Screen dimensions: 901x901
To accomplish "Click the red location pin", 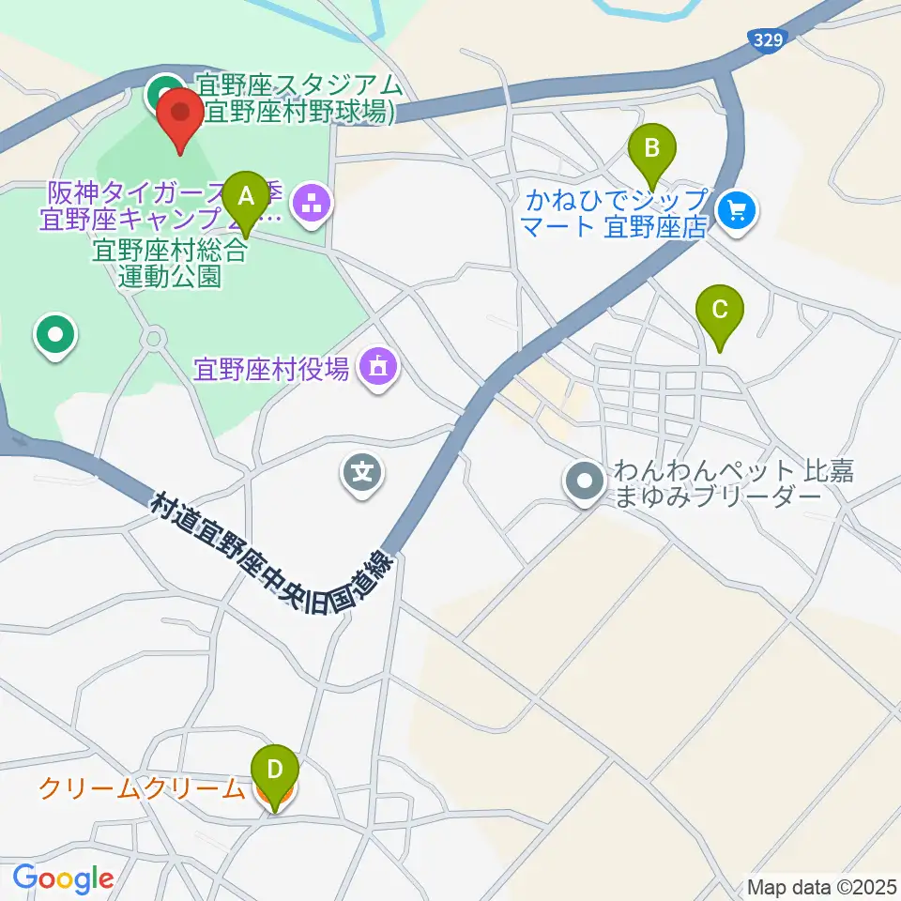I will click(x=179, y=116).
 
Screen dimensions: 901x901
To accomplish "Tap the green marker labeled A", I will click(x=246, y=199).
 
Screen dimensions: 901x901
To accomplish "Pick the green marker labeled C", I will click(x=720, y=313).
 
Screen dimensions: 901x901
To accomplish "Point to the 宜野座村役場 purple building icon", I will click(x=377, y=366).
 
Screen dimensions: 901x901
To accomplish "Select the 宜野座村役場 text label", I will click(x=272, y=367).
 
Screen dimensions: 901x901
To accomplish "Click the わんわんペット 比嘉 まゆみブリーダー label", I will click(x=732, y=483).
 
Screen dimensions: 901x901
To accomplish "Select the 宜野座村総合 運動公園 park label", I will click(x=169, y=263).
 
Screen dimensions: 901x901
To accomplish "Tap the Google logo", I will click(x=64, y=878).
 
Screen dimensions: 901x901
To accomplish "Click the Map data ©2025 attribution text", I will click(x=821, y=886).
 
